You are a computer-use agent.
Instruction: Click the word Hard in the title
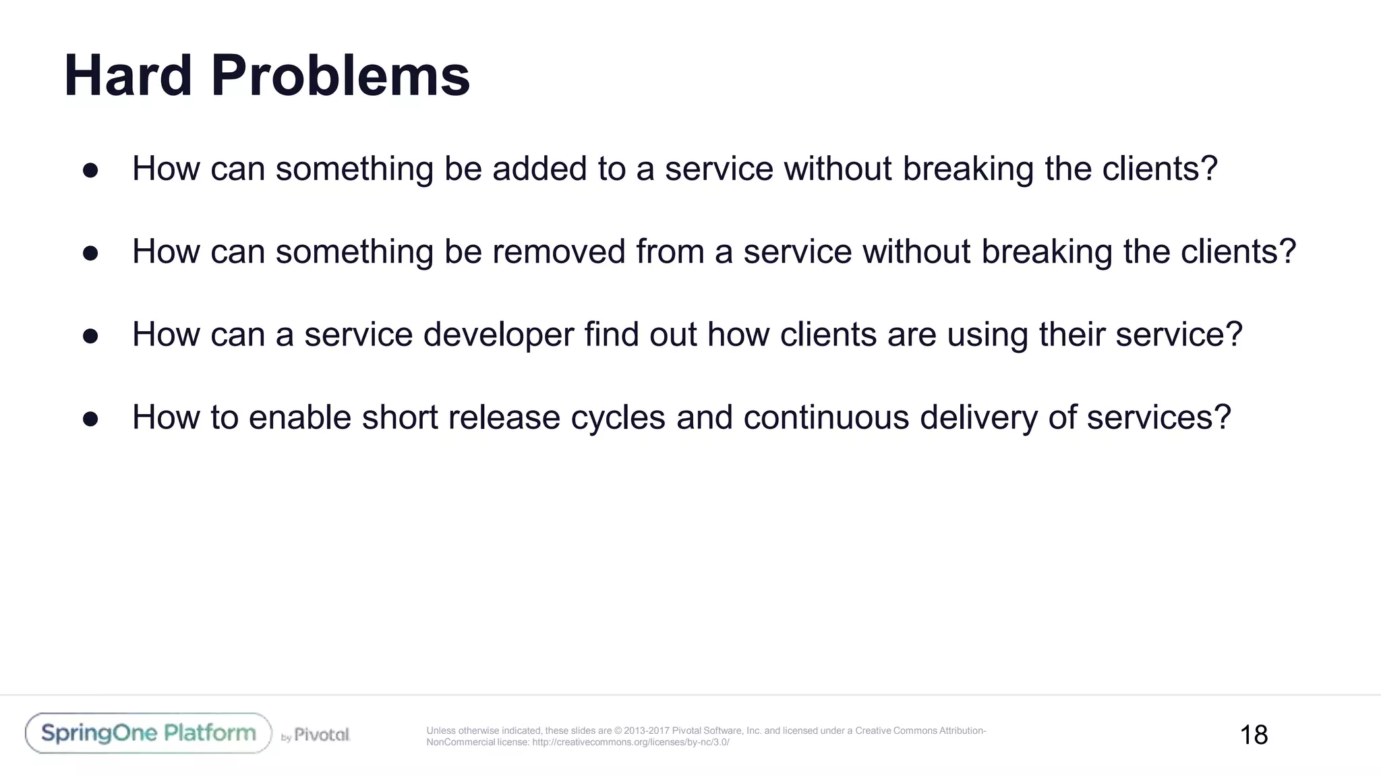pos(128,76)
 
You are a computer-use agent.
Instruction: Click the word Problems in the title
pos(340,76)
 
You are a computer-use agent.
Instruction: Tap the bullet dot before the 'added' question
pos(90,170)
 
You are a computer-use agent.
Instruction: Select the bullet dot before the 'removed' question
pos(90,253)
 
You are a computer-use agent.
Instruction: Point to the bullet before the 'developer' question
pos(90,336)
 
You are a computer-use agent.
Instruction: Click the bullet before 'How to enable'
pos(90,419)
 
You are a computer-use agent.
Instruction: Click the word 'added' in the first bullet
pos(539,169)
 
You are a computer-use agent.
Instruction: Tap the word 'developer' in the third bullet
pos(498,335)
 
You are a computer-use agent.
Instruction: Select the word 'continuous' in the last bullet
pos(826,418)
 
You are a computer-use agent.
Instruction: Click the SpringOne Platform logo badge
pos(148,733)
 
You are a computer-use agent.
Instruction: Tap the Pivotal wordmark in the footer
pos(322,735)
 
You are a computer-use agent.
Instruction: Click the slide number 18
pos(1254,735)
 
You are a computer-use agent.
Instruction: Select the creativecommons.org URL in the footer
pos(630,743)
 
